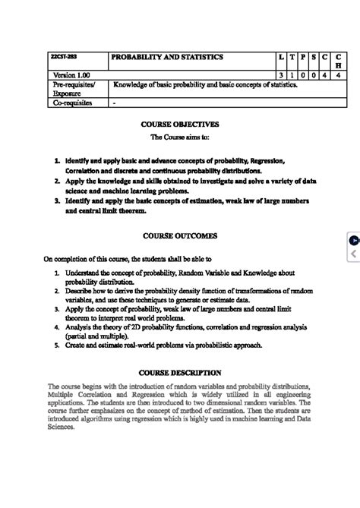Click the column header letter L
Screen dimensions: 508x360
coord(281,57)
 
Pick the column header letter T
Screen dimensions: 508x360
coord(292,57)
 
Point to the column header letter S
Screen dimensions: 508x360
coord(314,57)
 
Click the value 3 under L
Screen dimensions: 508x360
coord(281,75)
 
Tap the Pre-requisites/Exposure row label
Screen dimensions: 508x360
coord(68,89)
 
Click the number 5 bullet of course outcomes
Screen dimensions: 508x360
coord(57,345)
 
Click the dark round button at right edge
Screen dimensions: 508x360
coord(354,240)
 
